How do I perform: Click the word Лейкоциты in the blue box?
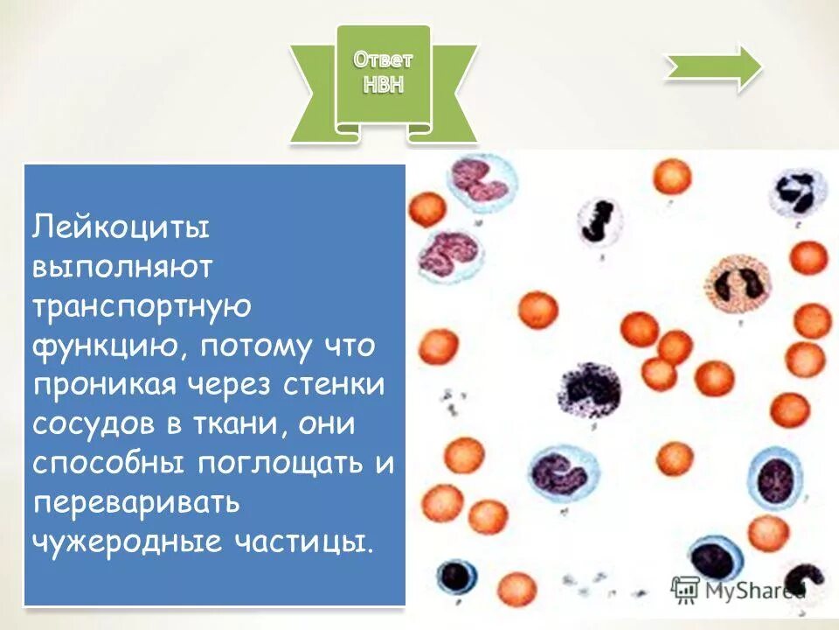click(121, 229)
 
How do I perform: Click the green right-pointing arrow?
click(713, 66)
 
